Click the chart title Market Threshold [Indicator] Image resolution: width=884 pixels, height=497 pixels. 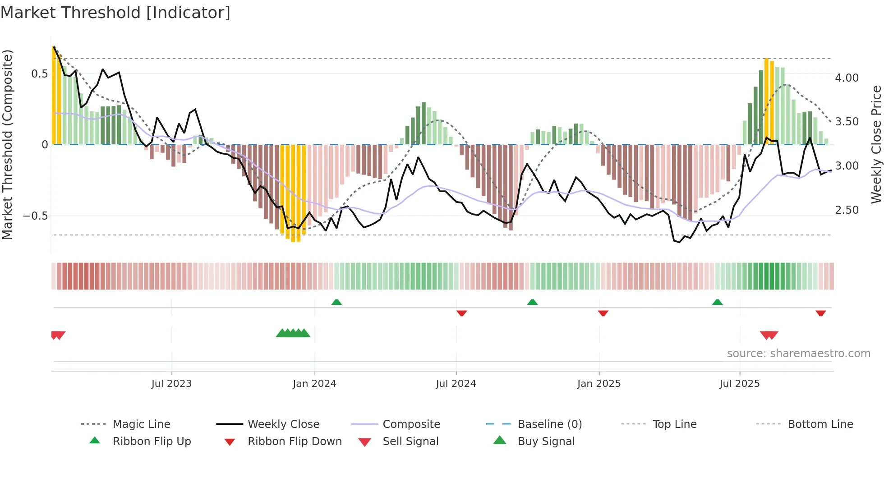(x=115, y=13)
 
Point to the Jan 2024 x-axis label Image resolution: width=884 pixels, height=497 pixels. (x=314, y=383)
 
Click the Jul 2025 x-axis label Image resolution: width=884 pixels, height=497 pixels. (x=739, y=383)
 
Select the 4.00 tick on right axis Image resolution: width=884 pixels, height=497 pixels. (x=847, y=78)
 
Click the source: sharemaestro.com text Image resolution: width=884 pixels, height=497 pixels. (x=798, y=353)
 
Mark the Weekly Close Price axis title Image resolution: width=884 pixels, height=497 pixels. (x=876, y=144)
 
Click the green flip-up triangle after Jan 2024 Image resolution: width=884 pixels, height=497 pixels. (x=336, y=302)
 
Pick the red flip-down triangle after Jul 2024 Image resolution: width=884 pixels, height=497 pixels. (x=461, y=313)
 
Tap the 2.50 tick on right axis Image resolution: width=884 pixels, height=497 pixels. (x=847, y=210)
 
